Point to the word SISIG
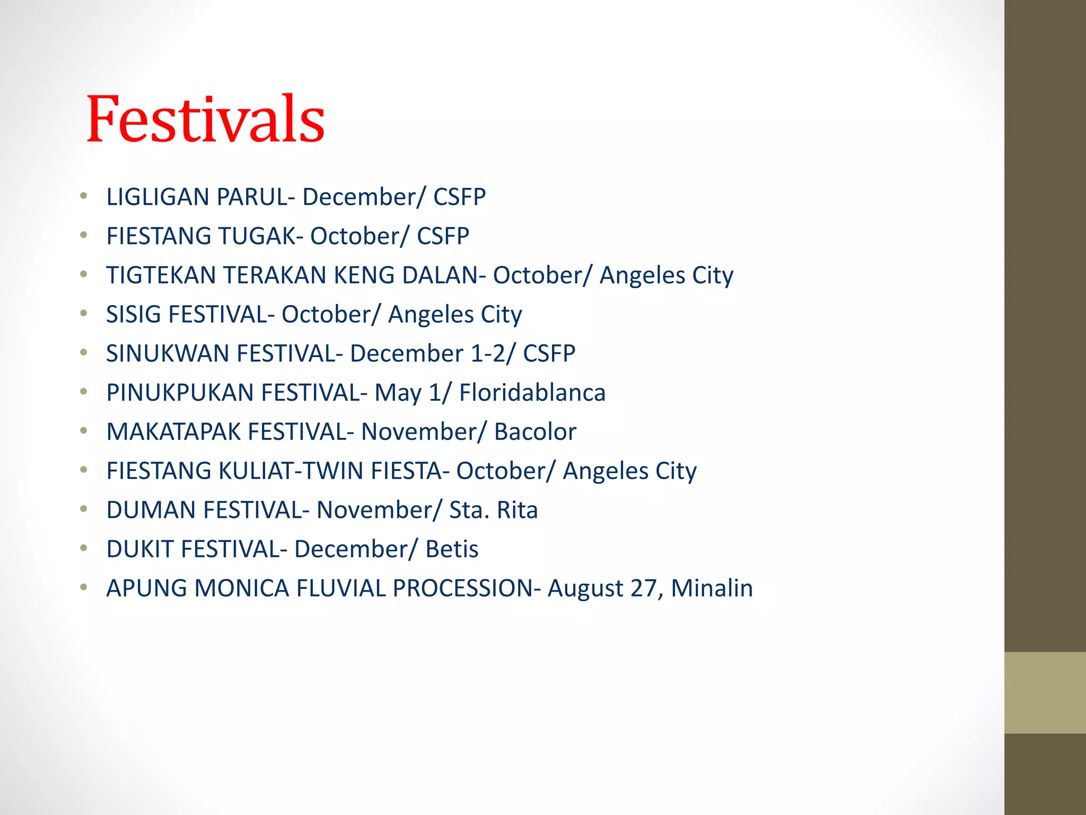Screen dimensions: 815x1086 [x=133, y=315]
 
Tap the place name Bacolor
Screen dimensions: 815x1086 [x=535, y=432]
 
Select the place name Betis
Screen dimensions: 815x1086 [x=452, y=549]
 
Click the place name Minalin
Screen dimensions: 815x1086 [x=712, y=588]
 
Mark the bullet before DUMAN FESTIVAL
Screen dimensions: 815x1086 [x=83, y=509]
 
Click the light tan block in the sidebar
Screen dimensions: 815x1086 [x=1045, y=692]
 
